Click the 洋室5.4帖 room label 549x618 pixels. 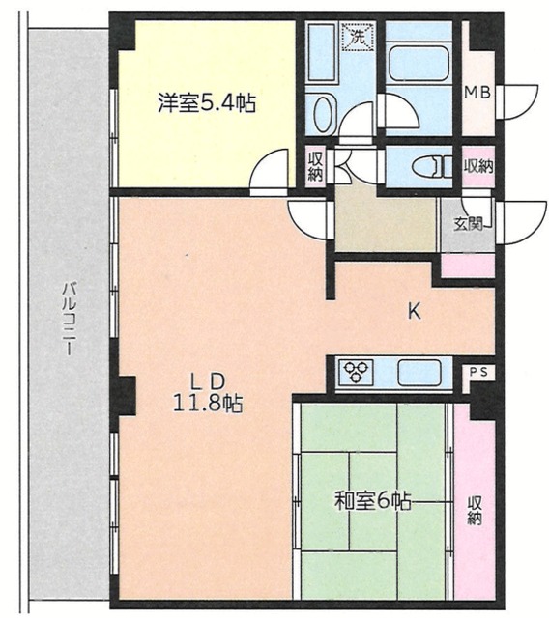(207, 103)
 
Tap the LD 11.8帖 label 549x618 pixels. (208, 393)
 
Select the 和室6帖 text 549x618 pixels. (373, 501)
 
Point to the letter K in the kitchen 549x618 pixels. (415, 312)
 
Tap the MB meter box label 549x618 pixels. (477, 93)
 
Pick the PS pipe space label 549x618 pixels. (478, 371)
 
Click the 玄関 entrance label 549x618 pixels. (468, 225)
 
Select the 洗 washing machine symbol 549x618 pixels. (359, 37)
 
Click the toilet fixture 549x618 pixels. (433, 166)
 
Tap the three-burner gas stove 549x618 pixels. (357, 372)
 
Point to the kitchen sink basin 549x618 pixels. (419, 373)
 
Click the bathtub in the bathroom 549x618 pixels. (419, 62)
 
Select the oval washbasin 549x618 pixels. (324, 115)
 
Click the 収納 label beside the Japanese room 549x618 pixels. (475, 511)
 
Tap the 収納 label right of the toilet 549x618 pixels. (478, 166)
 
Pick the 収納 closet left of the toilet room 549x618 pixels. (315, 166)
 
